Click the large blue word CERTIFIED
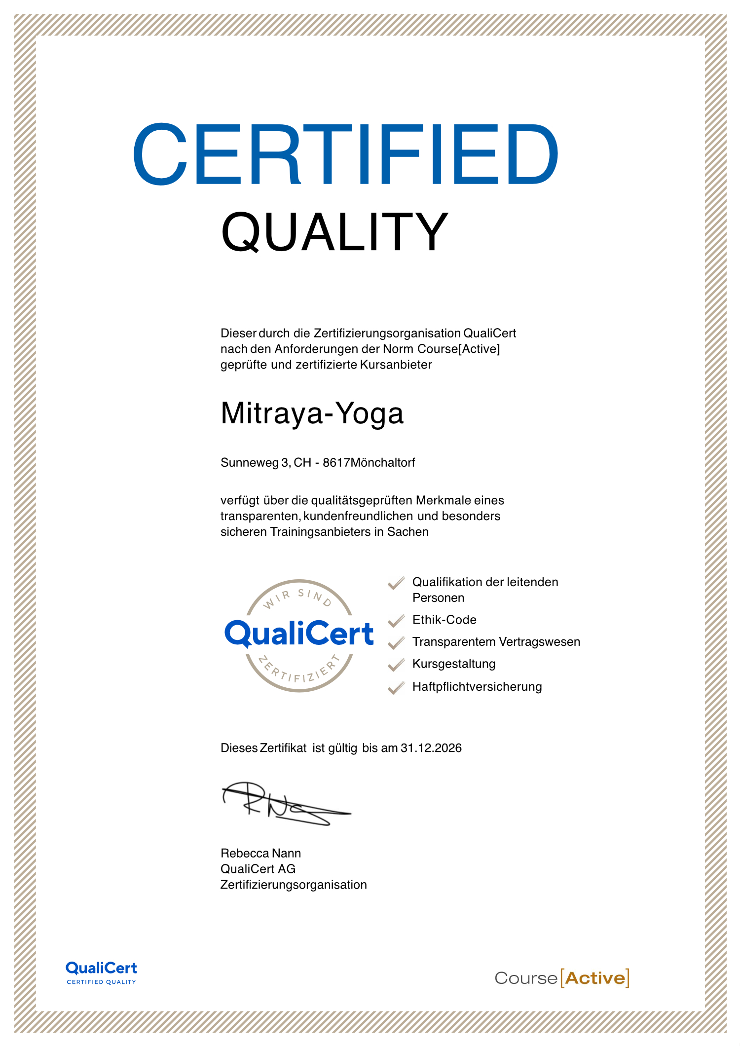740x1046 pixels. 345,154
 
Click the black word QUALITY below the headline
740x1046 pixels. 334,232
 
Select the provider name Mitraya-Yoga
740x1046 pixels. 312,413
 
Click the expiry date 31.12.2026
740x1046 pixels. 431,748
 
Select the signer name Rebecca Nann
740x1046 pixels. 260,853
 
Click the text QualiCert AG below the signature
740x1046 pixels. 258,869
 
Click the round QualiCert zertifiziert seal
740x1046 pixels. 299,635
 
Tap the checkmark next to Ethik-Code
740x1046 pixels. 396,621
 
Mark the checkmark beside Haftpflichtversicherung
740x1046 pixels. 396,687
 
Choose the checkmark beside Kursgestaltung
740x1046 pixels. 396,665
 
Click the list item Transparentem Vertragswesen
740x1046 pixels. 496,642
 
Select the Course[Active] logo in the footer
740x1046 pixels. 561,978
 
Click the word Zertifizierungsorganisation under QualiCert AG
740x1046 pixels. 294,885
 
